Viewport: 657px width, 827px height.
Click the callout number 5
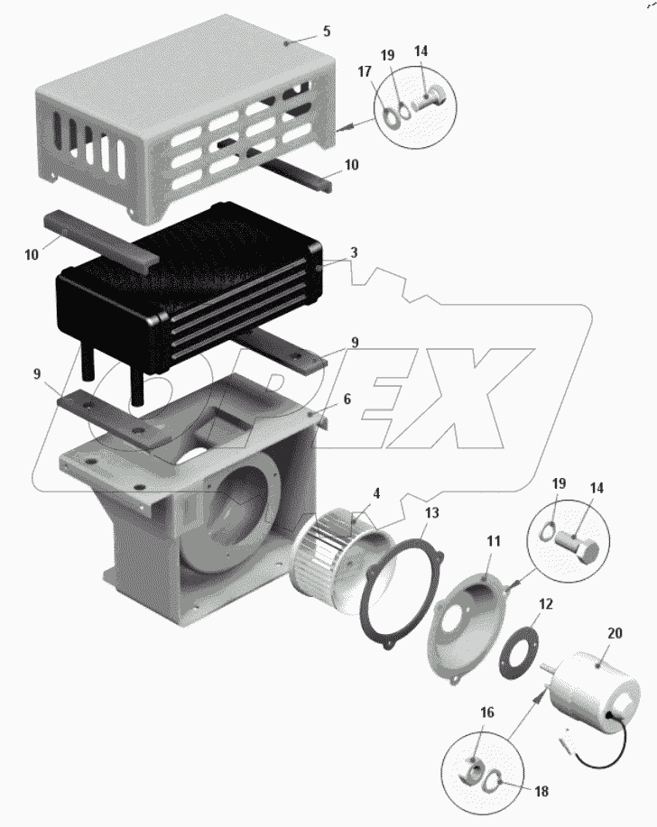coord(327,32)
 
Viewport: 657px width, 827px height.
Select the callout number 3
coord(354,253)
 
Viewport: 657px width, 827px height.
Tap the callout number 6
coord(347,400)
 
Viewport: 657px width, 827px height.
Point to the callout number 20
coord(615,633)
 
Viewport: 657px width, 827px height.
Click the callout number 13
coord(431,512)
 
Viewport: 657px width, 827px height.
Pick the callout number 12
coord(546,604)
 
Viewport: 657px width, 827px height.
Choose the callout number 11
coord(494,541)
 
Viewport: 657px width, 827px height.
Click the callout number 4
coord(376,493)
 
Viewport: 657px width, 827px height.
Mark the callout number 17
coord(365,71)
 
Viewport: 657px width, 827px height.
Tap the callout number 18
coord(541,791)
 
